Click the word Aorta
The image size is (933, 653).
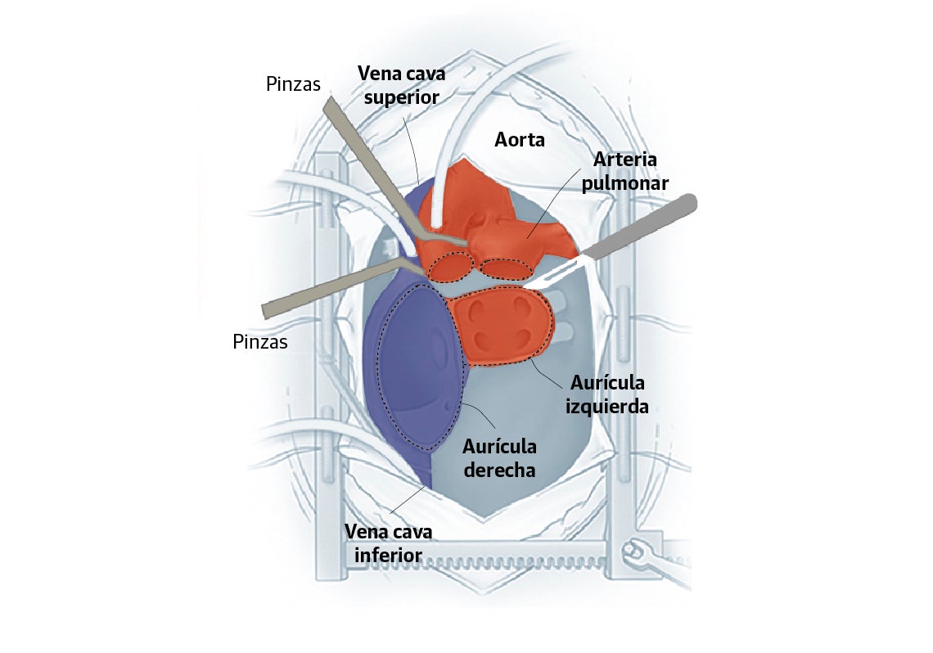tap(520, 140)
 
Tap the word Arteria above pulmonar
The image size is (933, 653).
tap(626, 159)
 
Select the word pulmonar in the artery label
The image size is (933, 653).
tap(626, 183)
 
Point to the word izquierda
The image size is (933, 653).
tap(606, 405)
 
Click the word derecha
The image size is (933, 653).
tap(498, 471)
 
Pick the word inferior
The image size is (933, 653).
tap(389, 556)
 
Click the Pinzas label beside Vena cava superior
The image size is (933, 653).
tap(293, 84)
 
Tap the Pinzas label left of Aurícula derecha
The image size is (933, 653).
tap(259, 342)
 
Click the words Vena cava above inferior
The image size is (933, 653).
tap(389, 532)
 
